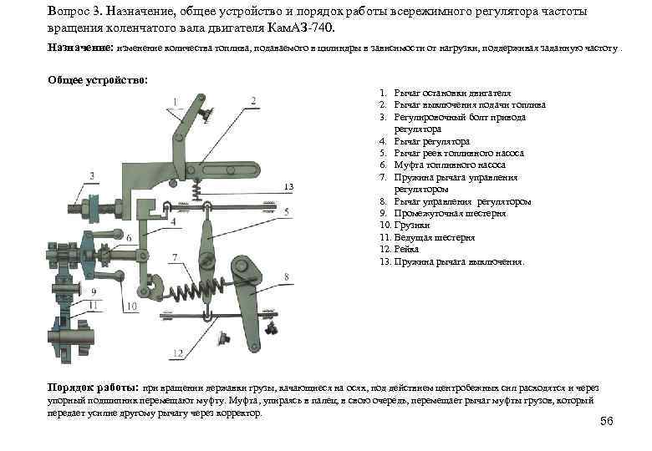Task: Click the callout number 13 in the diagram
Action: pos(288,185)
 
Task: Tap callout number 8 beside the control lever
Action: pos(286,276)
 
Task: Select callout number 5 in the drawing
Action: pos(286,214)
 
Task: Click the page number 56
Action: pos(606,421)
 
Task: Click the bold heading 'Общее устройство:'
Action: pos(99,80)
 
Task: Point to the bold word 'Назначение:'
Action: pos(79,49)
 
